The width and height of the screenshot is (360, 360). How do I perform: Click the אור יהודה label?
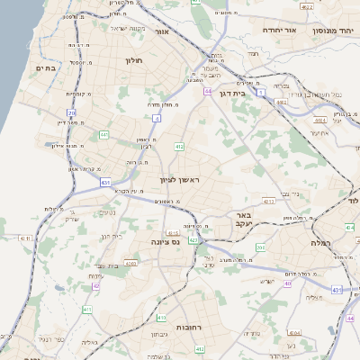click(261, 30)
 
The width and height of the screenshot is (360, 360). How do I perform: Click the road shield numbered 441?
click(105, 135)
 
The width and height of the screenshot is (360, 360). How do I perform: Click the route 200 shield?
click(260, 246)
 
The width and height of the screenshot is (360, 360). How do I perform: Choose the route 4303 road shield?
click(131, 263)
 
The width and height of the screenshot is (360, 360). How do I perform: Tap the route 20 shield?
click(71, 112)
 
